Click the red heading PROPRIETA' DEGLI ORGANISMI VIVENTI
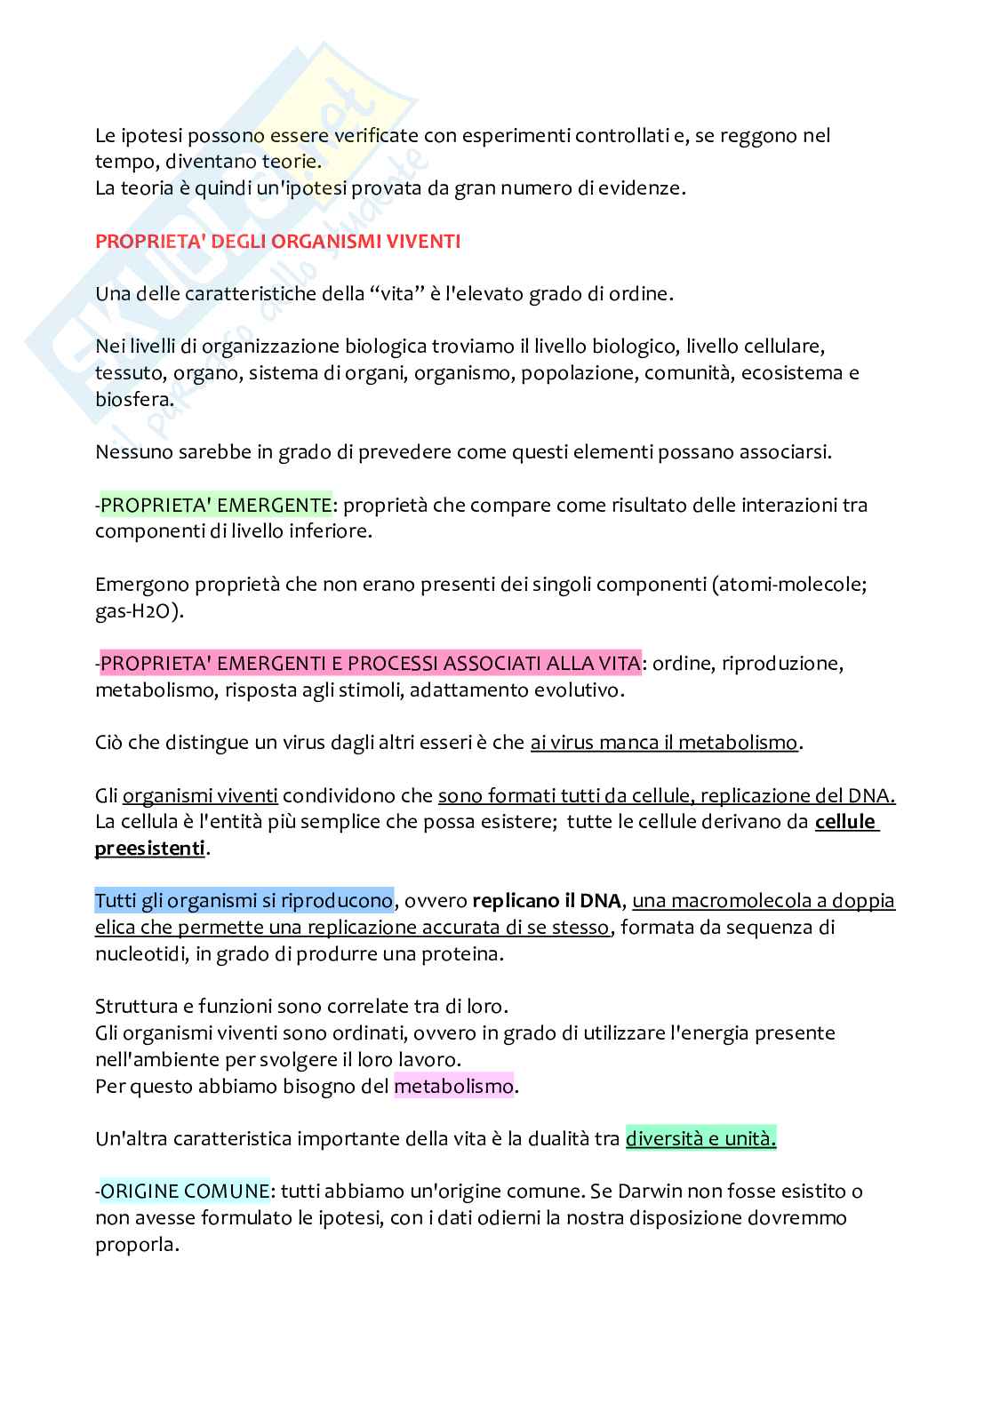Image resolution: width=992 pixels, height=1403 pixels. coord(277,241)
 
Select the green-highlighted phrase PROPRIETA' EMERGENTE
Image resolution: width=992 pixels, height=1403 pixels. coord(216,505)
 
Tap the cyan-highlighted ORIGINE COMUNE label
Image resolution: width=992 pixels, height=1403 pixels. coord(185,1191)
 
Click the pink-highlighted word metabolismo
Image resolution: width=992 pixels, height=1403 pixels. coord(453,1086)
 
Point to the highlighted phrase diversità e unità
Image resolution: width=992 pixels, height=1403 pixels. coord(700,1138)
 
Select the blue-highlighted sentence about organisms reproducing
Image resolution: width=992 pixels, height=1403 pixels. coord(244,900)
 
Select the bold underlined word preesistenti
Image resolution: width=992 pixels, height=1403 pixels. coord(149,849)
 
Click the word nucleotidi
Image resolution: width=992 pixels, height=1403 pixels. coord(135,953)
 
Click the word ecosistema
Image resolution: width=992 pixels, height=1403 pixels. coord(787,372)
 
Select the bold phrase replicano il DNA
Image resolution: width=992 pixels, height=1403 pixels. coord(546,900)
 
